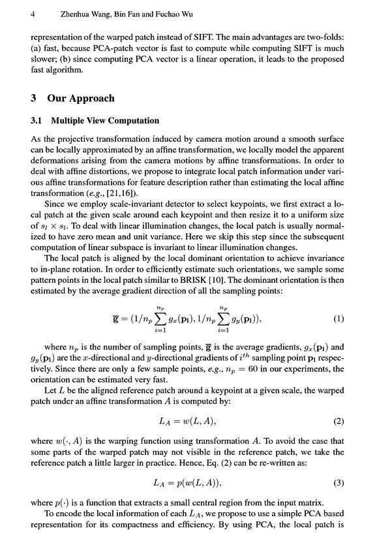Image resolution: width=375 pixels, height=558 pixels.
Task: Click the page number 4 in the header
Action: click(x=33, y=13)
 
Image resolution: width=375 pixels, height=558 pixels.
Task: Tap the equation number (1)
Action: click(x=338, y=320)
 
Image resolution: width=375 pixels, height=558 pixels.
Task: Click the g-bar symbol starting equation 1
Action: click(x=117, y=320)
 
